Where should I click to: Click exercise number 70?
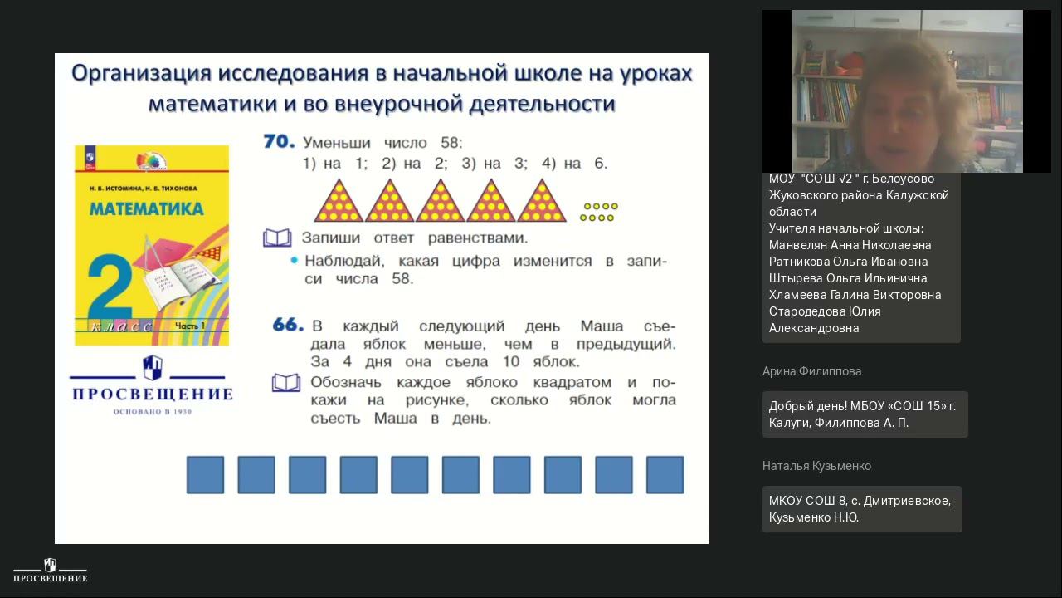coord(279,142)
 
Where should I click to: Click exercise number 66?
coord(288,325)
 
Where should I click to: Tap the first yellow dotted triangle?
coord(339,202)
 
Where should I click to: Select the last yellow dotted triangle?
coord(542,202)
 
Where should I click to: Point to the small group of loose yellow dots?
coord(599,212)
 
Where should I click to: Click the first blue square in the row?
coord(205,475)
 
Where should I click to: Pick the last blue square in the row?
coord(665,475)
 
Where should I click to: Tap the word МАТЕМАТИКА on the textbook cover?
coord(146,208)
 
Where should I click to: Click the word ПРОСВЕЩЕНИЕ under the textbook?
coord(151,394)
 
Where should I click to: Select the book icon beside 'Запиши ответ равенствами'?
coord(277,238)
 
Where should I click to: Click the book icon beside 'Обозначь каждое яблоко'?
coord(286,383)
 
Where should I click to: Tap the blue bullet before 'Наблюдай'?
coord(294,261)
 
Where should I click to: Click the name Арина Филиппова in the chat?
coord(811,371)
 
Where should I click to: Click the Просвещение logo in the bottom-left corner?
coord(50,571)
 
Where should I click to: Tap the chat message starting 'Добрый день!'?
coord(862,414)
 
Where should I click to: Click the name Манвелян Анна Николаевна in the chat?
coord(850,245)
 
